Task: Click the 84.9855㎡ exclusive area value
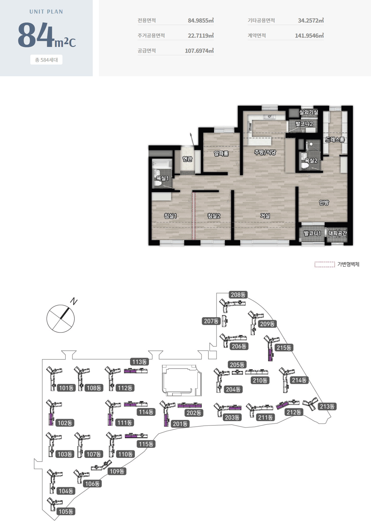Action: [201, 20]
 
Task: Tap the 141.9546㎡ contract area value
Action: [309, 36]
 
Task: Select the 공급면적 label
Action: [147, 51]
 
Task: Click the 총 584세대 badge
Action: [46, 60]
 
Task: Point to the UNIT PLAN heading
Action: [46, 12]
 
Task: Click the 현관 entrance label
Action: [187, 159]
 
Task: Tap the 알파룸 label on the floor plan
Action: [221, 153]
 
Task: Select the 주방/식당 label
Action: [265, 152]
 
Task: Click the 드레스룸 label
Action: [335, 140]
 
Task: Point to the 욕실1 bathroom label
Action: [162, 178]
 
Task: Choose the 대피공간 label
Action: [337, 233]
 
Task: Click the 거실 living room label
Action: [265, 216]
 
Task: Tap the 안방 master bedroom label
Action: [324, 203]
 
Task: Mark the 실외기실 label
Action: [308, 112]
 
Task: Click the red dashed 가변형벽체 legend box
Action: [325, 264]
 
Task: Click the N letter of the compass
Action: [74, 301]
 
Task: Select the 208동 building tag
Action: [238, 295]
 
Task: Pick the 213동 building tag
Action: [327, 406]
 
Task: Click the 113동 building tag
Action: [139, 362]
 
